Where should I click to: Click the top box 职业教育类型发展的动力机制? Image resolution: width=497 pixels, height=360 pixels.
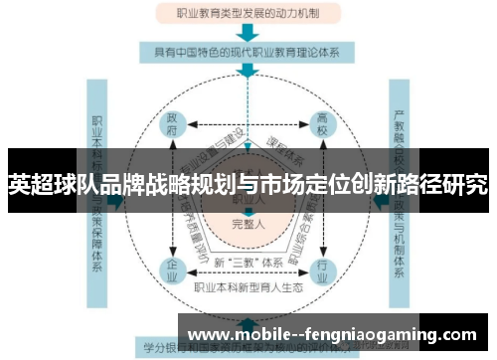pos(248,14)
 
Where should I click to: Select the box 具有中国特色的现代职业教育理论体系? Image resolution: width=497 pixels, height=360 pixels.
pos(248,49)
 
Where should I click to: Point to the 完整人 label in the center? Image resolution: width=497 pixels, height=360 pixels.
pos(247,224)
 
